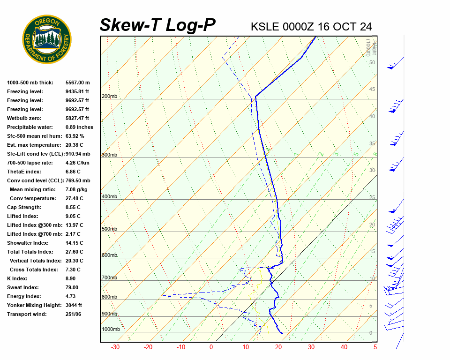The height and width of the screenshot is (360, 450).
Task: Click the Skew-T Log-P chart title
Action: pyautogui.click(x=157, y=25)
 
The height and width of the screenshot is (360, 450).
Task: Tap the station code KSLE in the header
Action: pyautogui.click(x=265, y=27)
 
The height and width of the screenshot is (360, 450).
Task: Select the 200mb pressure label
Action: pyautogui.click(x=109, y=97)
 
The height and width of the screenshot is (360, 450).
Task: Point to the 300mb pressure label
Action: pyautogui.click(x=109, y=155)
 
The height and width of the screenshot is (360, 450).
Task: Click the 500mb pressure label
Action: pyautogui.click(x=109, y=229)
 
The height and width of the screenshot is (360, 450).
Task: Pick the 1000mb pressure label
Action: pyautogui.click(x=111, y=329)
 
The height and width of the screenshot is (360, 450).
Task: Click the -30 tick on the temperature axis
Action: pyautogui.click(x=115, y=347)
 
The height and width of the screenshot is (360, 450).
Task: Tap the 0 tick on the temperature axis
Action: pyautogui.click(x=211, y=347)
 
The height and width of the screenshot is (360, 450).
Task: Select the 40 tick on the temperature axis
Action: pyautogui.click(x=344, y=347)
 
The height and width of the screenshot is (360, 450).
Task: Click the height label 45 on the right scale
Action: pyautogui.click(x=372, y=90)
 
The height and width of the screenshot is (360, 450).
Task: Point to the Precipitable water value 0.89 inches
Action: pyautogui.click(x=79, y=127)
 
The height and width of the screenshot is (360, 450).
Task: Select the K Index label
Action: pyautogui.click(x=18, y=278)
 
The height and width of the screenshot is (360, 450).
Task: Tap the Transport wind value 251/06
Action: pyautogui.click(x=73, y=314)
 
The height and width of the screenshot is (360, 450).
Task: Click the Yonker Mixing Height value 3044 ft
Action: pyautogui.click(x=74, y=305)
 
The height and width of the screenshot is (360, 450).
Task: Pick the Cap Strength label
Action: pyautogui.click(x=24, y=207)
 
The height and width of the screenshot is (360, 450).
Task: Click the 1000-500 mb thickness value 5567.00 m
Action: pyautogui.click(x=77, y=82)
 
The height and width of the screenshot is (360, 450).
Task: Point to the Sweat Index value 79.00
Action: pyautogui.click(x=72, y=287)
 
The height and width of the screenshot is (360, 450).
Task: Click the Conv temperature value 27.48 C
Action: pyautogui.click(x=74, y=198)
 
